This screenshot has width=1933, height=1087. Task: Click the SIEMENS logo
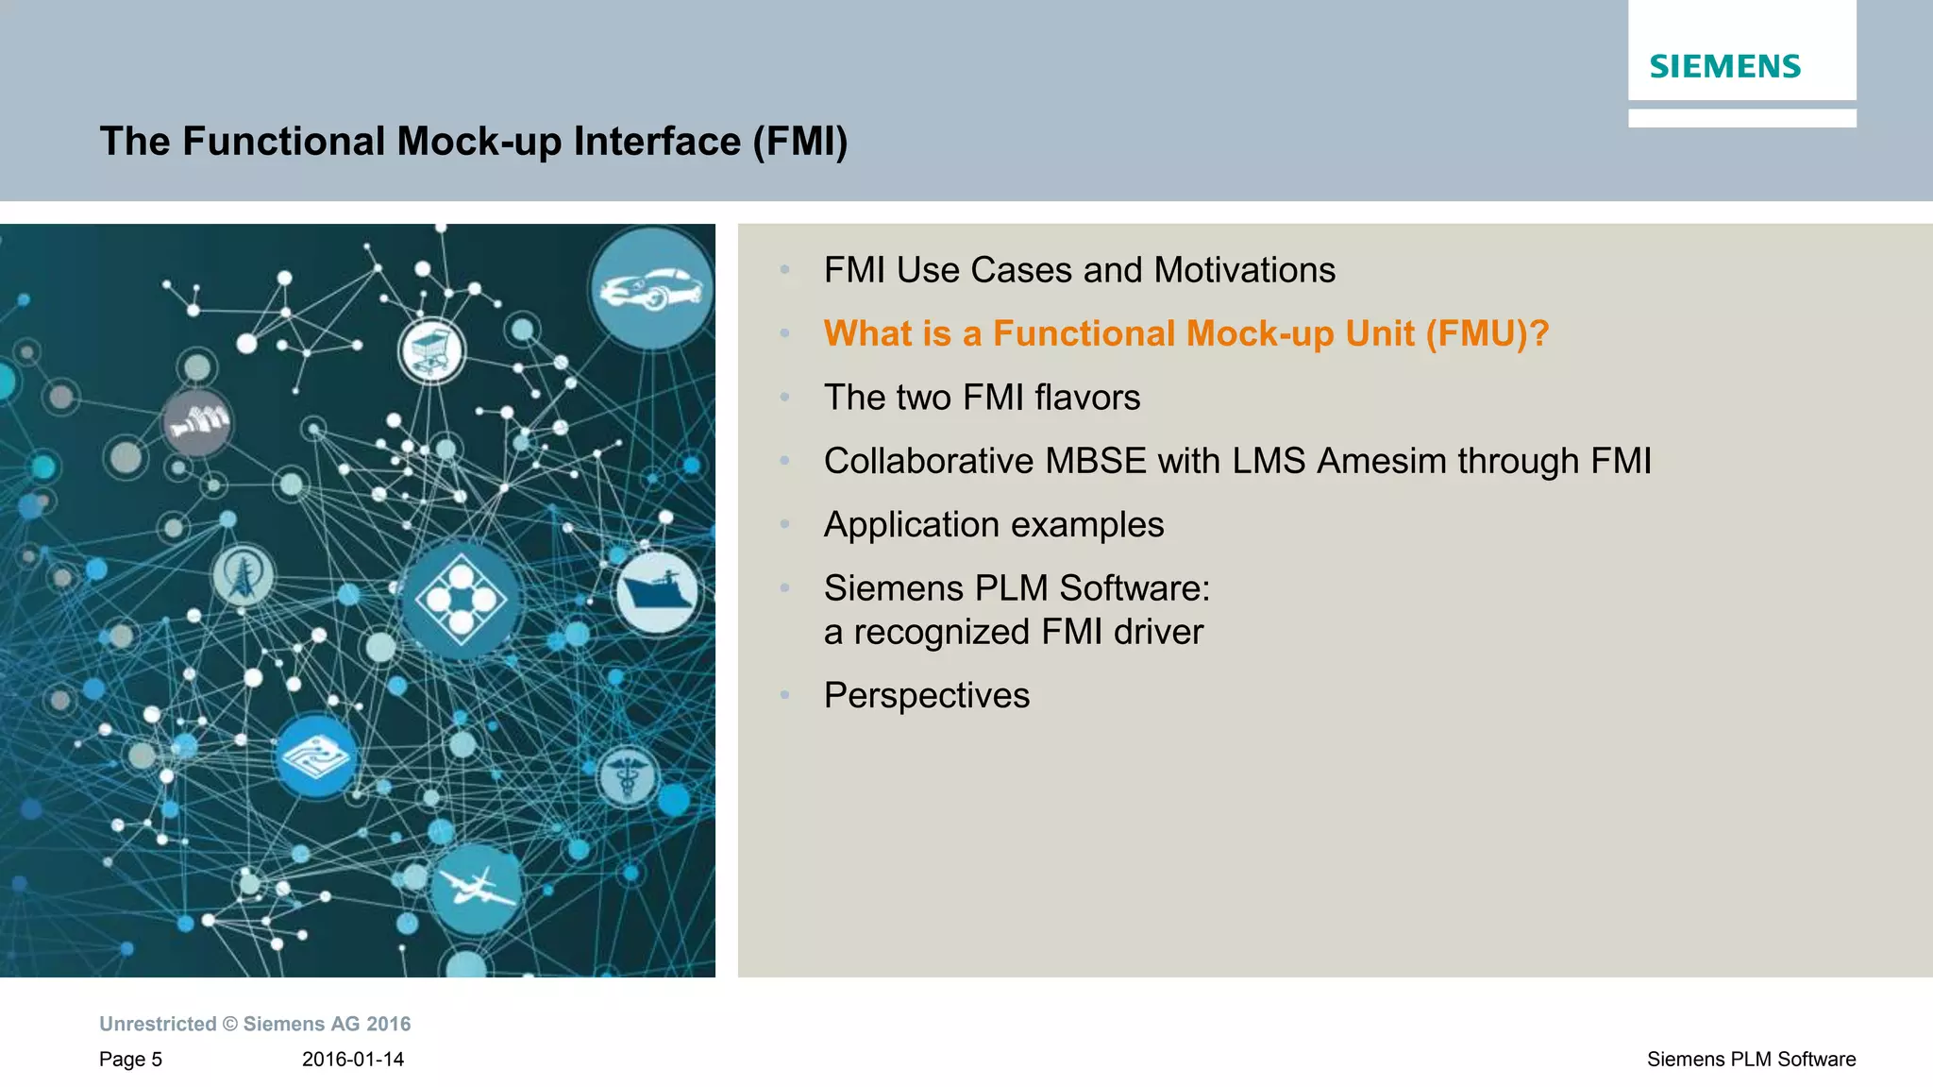pos(1724,66)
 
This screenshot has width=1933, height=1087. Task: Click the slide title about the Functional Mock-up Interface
pos(474,142)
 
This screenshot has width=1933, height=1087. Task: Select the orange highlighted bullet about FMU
pos(1185,333)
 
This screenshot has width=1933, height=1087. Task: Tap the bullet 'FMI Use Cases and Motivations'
pos(1079,270)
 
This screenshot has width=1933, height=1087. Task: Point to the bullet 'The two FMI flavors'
pos(982,398)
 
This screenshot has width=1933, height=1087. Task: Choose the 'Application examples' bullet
pos(993,524)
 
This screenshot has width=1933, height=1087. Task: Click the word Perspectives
pos(926,695)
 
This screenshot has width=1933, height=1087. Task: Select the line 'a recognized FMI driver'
pos(1013,632)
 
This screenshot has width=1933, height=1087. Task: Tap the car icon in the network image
pos(651,287)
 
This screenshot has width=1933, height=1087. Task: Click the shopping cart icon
pos(431,350)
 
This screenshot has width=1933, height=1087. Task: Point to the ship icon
pos(657,592)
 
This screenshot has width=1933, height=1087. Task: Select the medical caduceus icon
pos(627,776)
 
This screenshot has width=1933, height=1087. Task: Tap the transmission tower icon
pos(243,575)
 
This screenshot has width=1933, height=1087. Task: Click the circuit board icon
pos(316,756)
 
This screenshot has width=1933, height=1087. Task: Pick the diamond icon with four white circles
pos(461,599)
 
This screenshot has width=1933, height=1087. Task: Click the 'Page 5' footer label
pos(130,1060)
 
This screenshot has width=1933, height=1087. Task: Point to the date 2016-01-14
pos(353,1060)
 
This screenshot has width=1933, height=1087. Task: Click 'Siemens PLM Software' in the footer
pos(1751,1060)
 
